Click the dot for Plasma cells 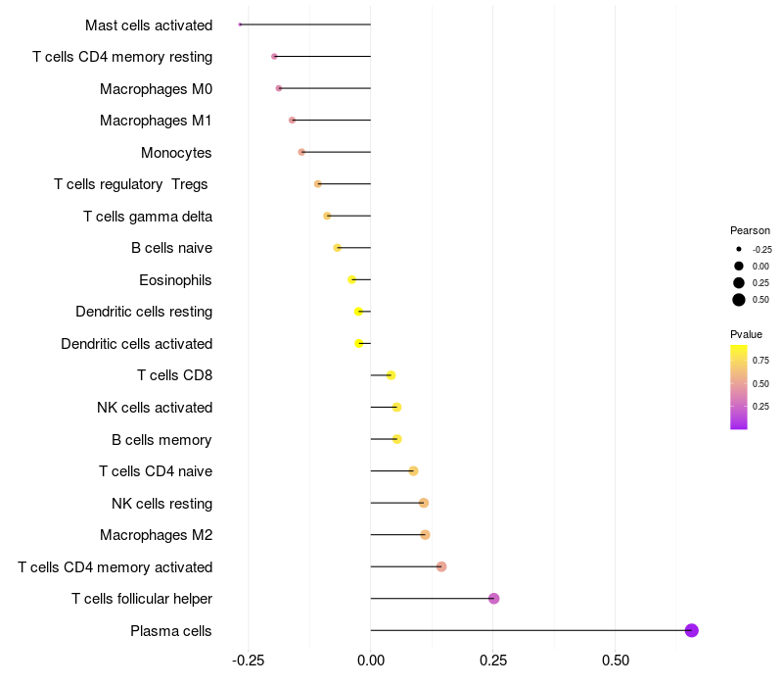tap(691, 630)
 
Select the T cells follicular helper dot tap(493, 599)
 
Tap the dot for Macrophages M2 tap(425, 535)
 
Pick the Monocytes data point tap(301, 152)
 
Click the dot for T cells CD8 tap(391, 375)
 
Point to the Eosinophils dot tap(352, 279)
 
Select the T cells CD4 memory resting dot tap(274, 57)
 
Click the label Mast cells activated tap(149, 25)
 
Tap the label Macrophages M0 tap(156, 89)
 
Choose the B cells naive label tap(171, 248)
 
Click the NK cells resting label tap(161, 504)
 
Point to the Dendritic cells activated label tap(136, 344)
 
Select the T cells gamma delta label tap(148, 217)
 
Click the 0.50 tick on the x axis tap(615, 661)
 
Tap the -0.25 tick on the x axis tap(249, 661)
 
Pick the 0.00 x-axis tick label tap(371, 661)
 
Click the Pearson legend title tap(750, 230)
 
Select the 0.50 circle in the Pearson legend tap(739, 300)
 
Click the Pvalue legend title tap(746, 334)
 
